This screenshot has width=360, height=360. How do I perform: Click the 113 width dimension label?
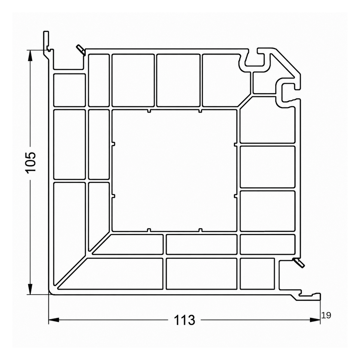pos(184,320)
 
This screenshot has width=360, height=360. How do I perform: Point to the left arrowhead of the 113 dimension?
pos(54,320)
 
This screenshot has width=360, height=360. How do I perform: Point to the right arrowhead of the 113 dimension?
pos(315,320)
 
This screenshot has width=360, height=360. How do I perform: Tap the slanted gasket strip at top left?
pos(81,50)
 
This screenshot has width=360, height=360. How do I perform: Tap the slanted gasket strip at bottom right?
pos(298,262)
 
